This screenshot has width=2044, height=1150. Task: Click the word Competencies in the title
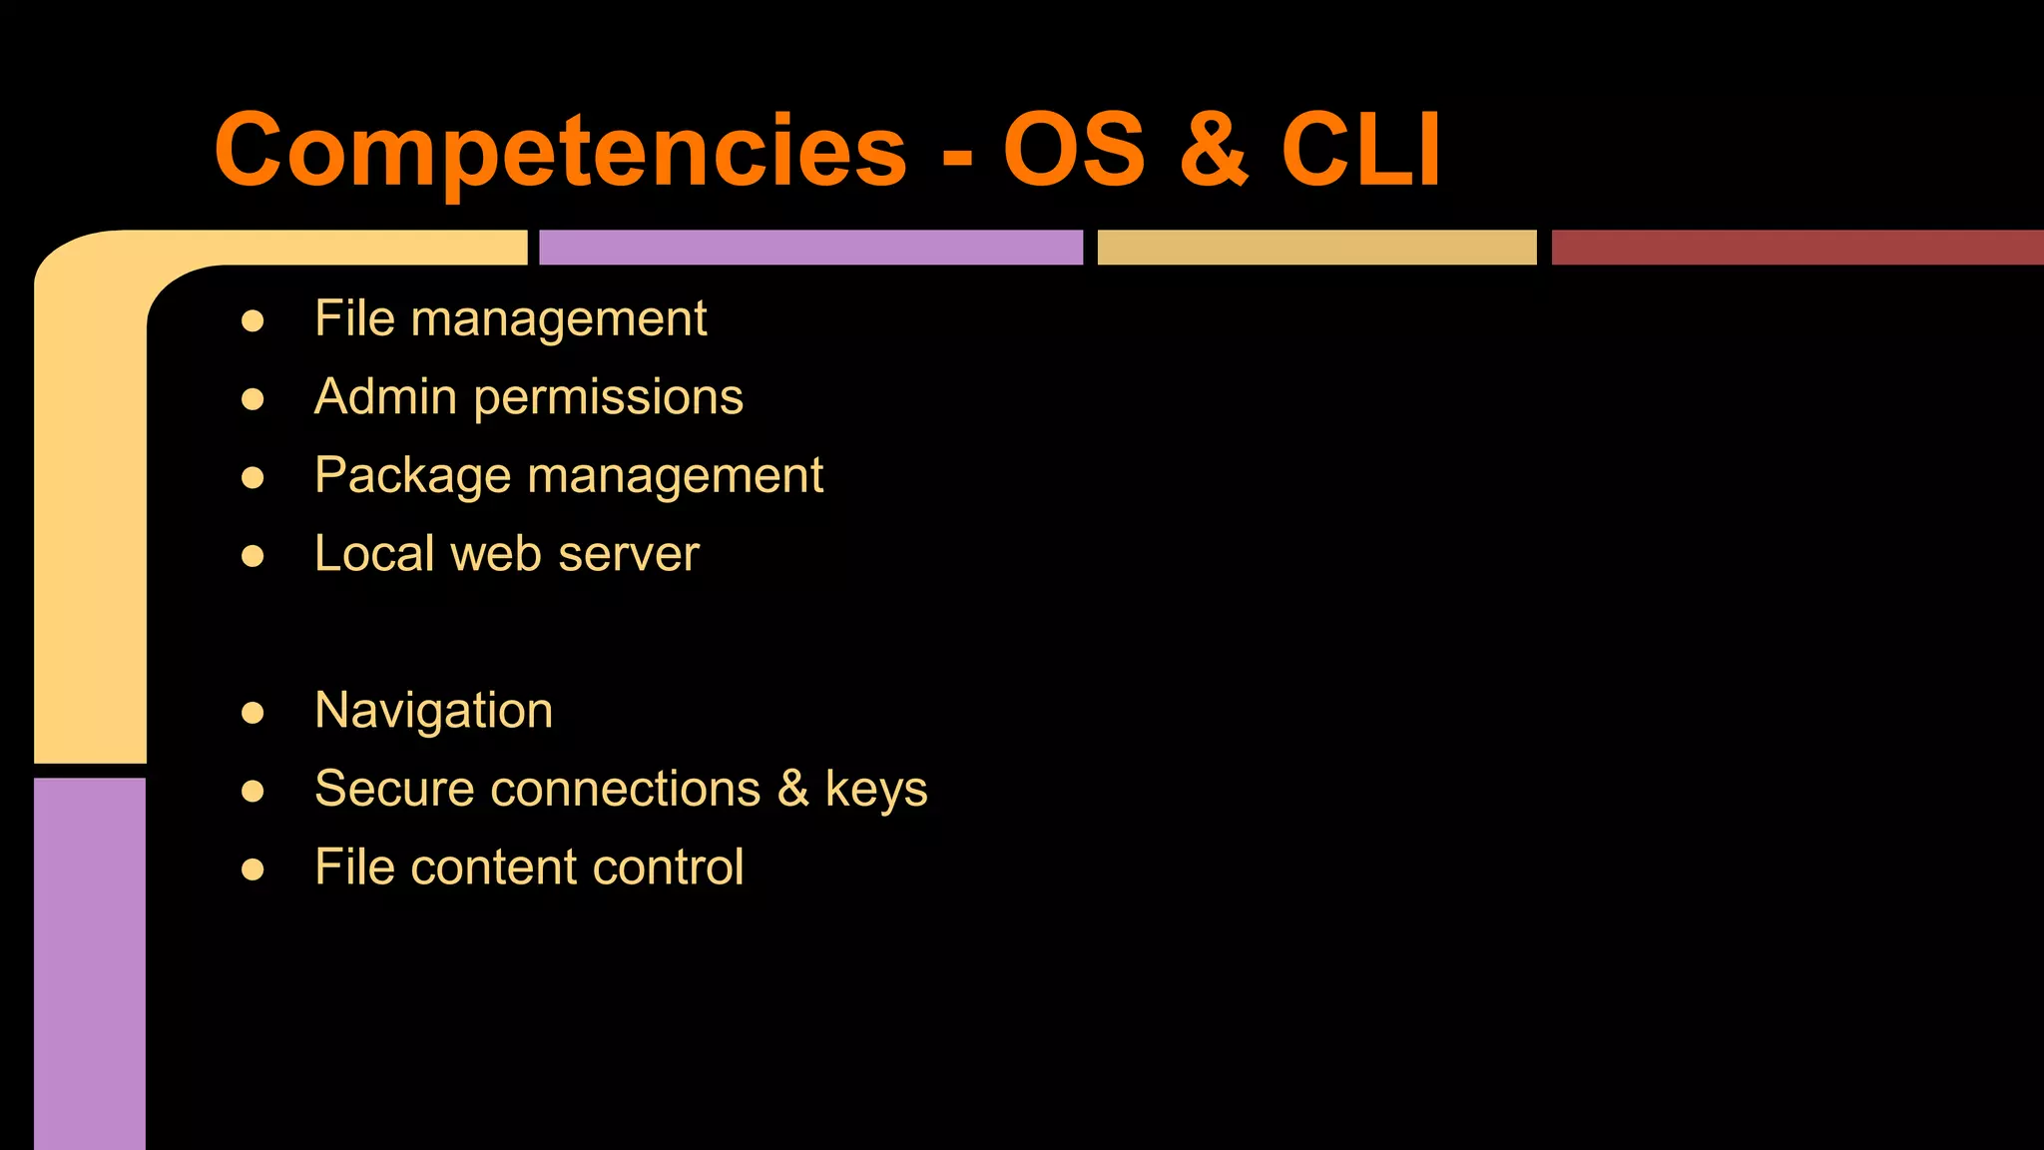560,150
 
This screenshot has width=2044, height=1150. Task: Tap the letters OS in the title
1074,150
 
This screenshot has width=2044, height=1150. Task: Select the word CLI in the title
1360,150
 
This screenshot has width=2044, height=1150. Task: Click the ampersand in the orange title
1214,150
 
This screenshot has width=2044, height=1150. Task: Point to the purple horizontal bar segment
810,248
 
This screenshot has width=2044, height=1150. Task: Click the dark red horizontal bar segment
1796,248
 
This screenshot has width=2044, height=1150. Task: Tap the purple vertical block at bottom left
90,963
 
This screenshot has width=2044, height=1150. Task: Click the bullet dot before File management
253,321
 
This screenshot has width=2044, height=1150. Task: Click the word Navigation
433,712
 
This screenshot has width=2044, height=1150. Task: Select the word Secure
393,789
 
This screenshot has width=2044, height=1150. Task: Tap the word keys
876,790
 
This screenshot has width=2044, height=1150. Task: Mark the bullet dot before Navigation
253,713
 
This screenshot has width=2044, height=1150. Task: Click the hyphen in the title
956,156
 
